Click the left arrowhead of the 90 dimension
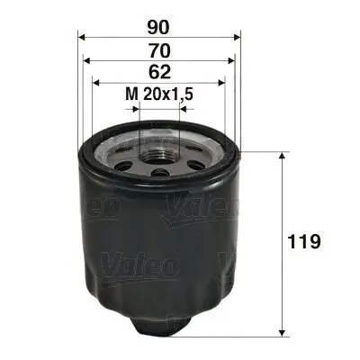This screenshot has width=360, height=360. pyautogui.click(x=81, y=37)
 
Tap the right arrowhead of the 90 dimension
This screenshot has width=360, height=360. pyautogui.click(x=239, y=37)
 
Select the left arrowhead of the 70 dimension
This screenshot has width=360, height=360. pyautogui.click(x=86, y=61)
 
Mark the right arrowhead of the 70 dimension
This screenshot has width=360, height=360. pyautogui.click(x=233, y=61)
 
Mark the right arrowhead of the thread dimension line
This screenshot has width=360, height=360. pyautogui.click(x=182, y=108)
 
